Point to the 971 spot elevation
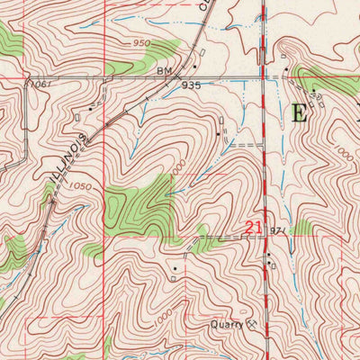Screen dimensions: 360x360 (x=276, y=231)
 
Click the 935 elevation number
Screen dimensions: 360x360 (x=191, y=85)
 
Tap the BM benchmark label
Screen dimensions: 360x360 (x=163, y=69)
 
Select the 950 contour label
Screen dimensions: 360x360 (x=140, y=42)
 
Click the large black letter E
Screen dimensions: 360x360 (x=301, y=112)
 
